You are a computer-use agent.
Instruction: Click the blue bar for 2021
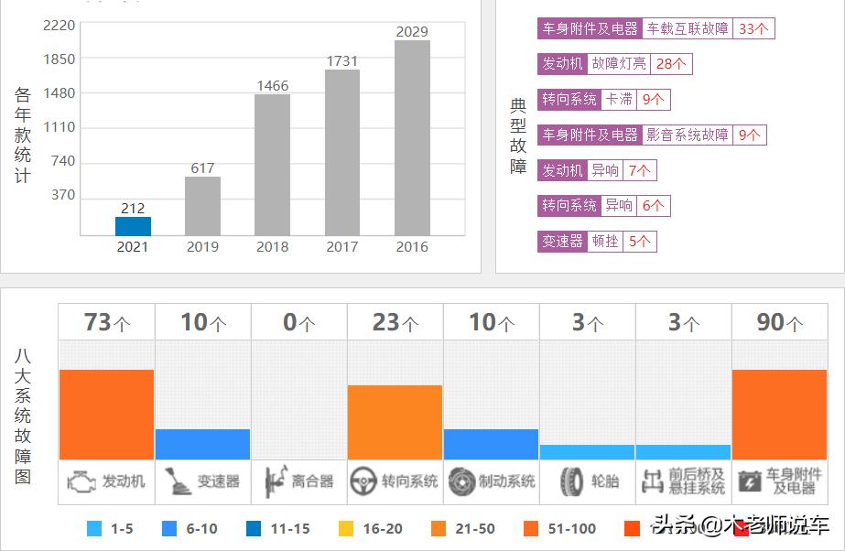133,226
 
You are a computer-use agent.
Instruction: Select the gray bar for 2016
412,137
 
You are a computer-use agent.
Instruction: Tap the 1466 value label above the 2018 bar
272,86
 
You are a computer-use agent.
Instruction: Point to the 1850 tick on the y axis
60,59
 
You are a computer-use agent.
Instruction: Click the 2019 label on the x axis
202,246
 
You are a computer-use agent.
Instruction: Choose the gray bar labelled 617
202,206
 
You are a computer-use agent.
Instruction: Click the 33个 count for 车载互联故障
753,28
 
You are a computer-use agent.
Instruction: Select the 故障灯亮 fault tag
619,64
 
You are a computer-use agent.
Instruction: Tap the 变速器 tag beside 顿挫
562,242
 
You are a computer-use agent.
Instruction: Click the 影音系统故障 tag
688,135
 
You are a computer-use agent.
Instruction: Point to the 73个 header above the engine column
107,323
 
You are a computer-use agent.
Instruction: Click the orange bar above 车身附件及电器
779,415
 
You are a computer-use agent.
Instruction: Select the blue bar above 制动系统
491,444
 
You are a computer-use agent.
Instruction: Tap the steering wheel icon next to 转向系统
363,481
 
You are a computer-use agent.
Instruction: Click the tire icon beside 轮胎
572,481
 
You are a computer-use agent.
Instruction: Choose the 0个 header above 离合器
299,323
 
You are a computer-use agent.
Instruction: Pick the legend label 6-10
202,528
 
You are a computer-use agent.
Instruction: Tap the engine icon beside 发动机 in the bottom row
82,481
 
